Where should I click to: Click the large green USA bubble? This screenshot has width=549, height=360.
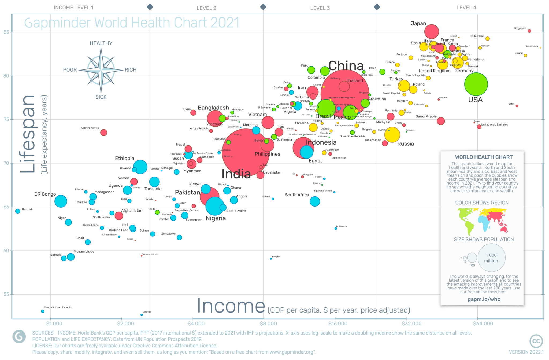point(476,84)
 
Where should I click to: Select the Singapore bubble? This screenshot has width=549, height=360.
point(529,31)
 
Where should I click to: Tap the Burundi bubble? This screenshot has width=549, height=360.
point(18,211)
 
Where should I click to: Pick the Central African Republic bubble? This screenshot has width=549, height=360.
point(43,311)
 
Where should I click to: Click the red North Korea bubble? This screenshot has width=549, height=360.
point(104,133)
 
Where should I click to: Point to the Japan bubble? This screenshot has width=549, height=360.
point(432,31)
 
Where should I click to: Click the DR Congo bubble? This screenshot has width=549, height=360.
point(61,201)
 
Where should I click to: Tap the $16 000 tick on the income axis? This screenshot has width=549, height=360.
point(338,324)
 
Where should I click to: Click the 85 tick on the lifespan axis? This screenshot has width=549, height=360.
point(6,32)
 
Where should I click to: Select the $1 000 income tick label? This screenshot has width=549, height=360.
point(54,324)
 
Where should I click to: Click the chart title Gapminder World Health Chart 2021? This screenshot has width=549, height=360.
point(132,23)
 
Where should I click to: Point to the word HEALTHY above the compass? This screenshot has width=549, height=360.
point(101,43)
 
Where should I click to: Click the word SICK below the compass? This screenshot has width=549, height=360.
point(101,97)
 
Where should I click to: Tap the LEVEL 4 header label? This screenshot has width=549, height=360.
point(466,8)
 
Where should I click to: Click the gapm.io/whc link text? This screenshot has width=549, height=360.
point(484,299)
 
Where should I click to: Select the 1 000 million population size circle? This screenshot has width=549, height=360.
point(491,258)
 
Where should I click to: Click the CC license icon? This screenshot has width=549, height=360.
point(536,341)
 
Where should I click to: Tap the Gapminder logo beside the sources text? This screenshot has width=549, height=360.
point(19,336)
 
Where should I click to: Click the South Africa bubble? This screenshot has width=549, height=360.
point(315,201)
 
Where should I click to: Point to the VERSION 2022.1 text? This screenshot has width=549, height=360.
point(526,352)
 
